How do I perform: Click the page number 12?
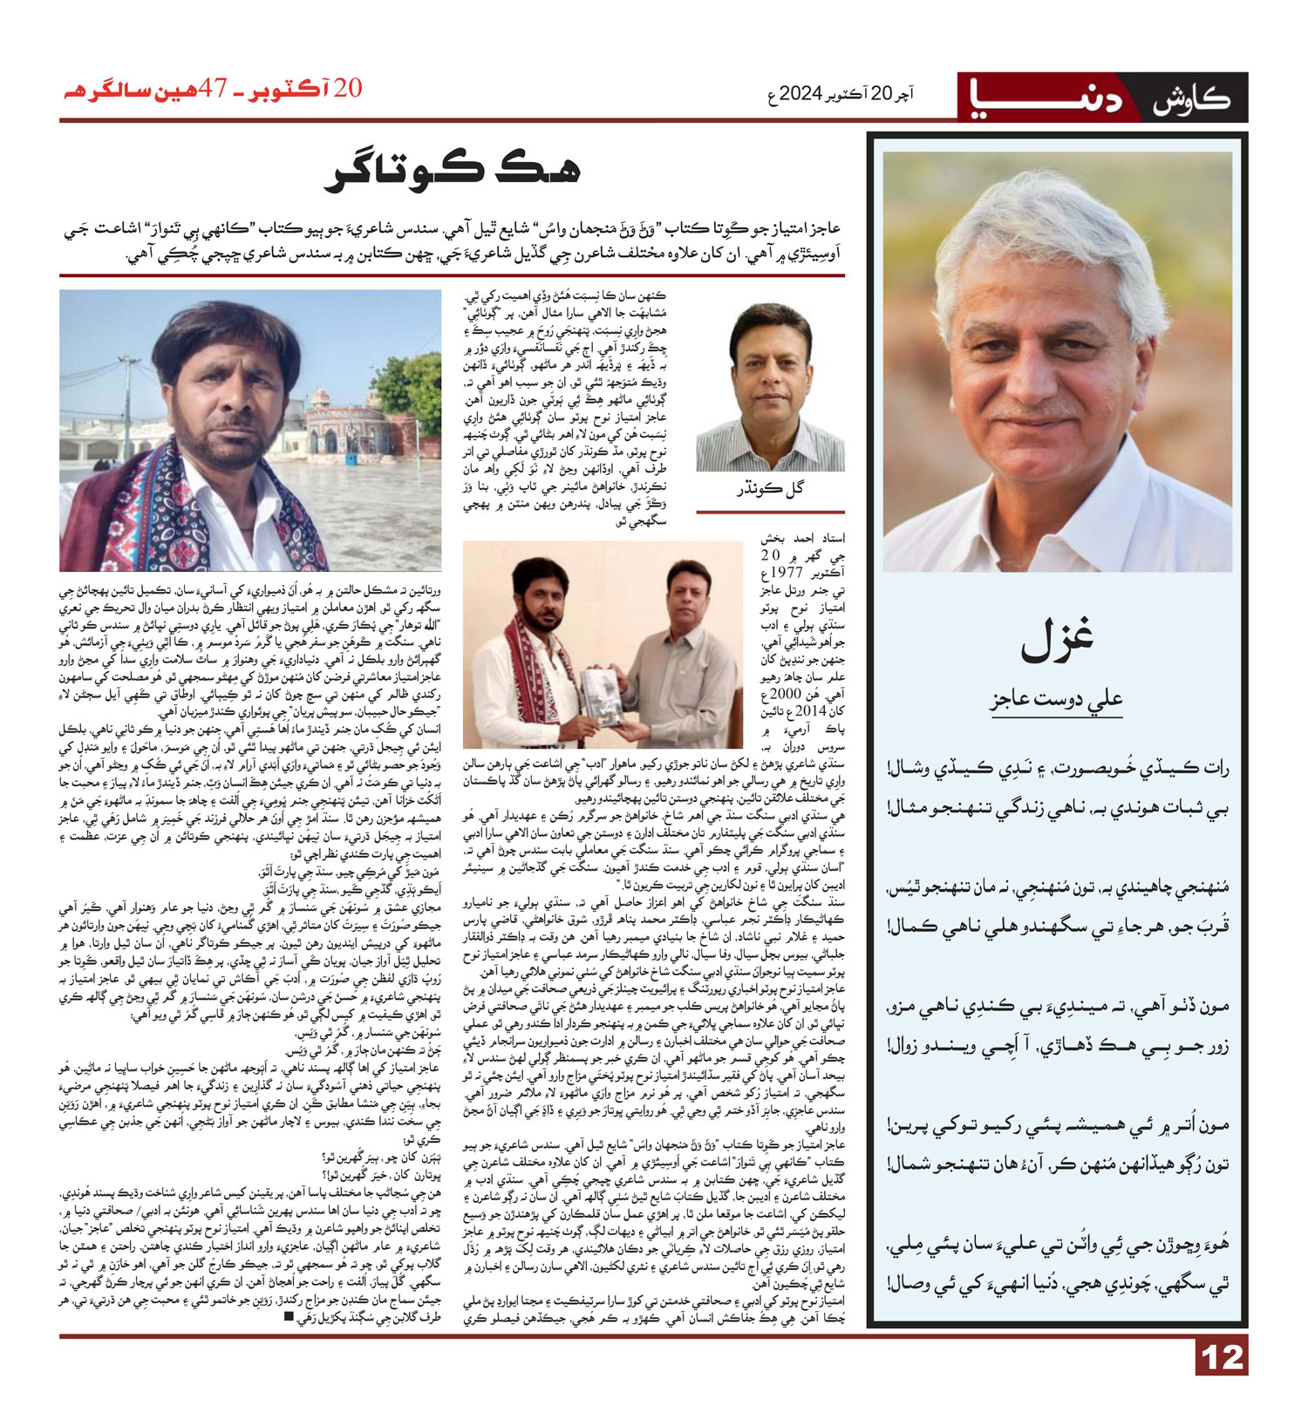click(x=1221, y=1357)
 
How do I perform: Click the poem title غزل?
click(x=1057, y=640)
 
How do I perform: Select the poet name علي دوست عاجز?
click(x=1057, y=700)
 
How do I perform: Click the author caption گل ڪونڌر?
click(x=771, y=489)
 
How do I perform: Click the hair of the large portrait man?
click(x=1055, y=218)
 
